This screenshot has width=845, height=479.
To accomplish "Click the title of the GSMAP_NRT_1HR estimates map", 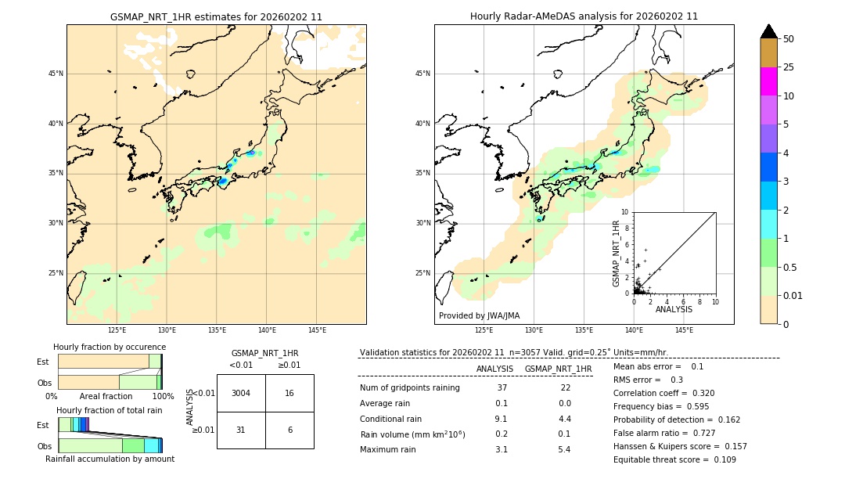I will [216, 16].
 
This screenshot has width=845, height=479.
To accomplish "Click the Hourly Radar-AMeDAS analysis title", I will [584, 16].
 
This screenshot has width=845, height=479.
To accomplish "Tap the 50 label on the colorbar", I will [789, 39].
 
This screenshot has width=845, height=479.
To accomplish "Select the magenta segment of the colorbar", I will [768, 81].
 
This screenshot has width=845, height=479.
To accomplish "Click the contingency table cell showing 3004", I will [241, 393].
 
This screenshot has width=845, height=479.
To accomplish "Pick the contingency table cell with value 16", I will [289, 393].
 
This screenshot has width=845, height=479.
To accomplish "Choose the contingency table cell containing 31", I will [241, 430].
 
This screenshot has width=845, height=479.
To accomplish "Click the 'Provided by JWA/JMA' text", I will [479, 316].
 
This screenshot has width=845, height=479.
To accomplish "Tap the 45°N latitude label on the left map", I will [56, 74].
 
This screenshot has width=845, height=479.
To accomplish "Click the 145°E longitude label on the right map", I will [684, 330].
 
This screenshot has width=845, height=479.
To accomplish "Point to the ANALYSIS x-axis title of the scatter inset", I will [674, 309].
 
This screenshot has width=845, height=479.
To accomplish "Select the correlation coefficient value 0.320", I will [699, 393].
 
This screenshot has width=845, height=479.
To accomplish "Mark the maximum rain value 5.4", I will [563, 449].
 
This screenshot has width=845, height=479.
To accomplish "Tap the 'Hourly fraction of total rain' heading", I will [109, 410].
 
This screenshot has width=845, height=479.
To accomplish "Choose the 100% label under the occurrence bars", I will [163, 396].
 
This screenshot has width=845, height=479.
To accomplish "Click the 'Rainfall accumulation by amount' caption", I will [110, 459].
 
